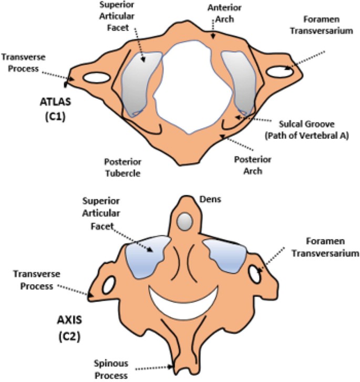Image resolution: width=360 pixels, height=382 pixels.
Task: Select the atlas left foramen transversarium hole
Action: click(95, 78)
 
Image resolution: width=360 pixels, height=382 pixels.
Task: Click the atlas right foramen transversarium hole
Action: click(280, 70)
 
